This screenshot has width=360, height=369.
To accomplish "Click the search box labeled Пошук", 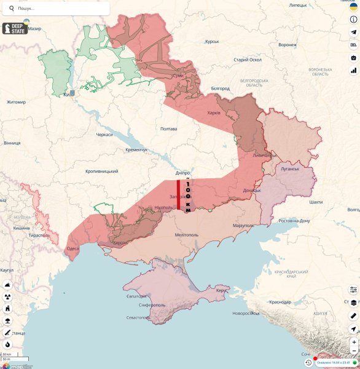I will (x=58, y=9).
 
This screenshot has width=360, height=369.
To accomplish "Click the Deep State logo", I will (x=15, y=28).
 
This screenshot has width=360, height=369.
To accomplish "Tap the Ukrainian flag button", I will (x=353, y=6).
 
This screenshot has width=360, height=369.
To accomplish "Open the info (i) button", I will (x=353, y=20).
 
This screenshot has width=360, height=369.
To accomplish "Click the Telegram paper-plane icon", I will (x=353, y=33).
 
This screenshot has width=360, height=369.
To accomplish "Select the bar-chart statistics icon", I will (x=353, y=70).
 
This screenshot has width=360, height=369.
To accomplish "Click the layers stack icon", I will (x=353, y=303).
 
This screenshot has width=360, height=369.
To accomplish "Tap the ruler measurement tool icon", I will (x=353, y=315).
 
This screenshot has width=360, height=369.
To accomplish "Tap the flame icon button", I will (x=7, y=344).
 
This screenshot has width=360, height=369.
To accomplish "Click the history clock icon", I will (x=308, y=363).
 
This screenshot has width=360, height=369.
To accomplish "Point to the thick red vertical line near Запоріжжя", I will (x=179, y=195).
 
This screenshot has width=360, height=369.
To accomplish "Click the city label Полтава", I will (x=168, y=129).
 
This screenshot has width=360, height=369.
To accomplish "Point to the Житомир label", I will (x=16, y=102).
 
